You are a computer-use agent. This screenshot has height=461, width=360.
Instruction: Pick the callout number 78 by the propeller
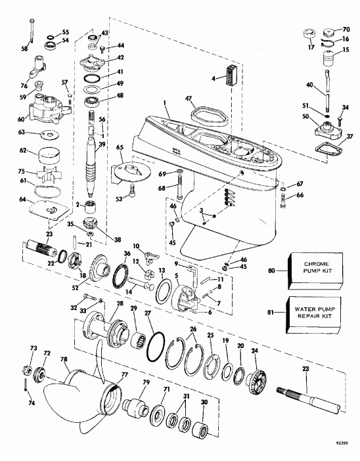point(64,360)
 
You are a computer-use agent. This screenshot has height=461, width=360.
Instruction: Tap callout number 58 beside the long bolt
point(24,47)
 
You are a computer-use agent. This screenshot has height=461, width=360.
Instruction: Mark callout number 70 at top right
point(346,29)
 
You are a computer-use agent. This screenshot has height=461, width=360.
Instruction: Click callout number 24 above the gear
point(254,350)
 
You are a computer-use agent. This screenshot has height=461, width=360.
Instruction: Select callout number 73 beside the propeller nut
point(32,348)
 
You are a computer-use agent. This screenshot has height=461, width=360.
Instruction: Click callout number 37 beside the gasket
point(349,137)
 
